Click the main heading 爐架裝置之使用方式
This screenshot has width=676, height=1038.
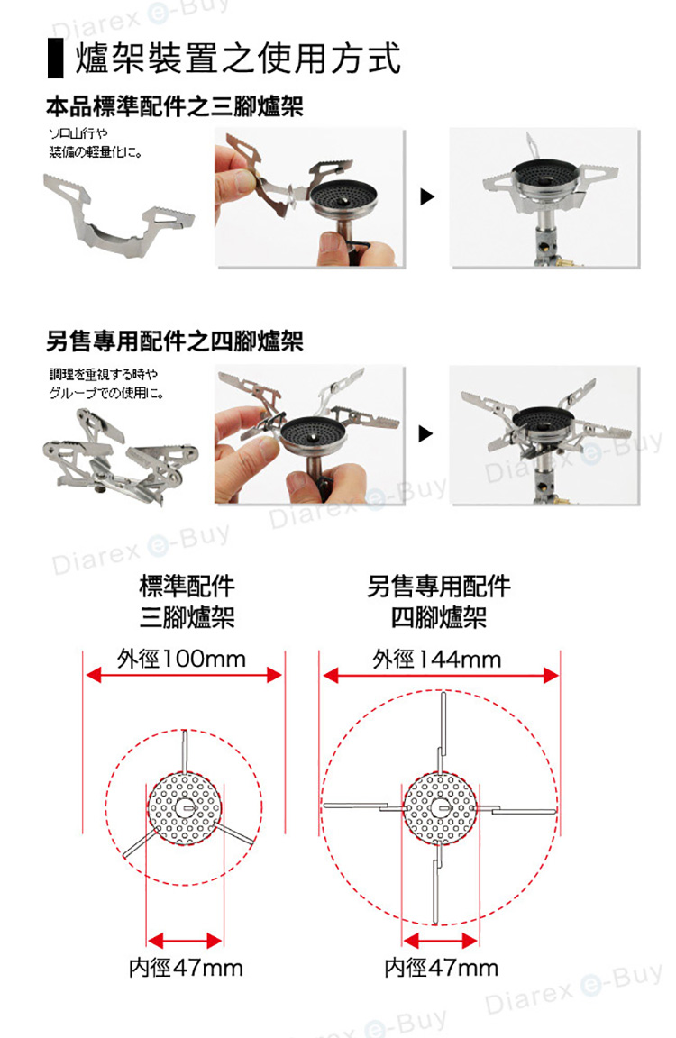[x=239, y=59]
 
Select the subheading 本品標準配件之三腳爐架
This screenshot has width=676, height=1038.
[x=175, y=107]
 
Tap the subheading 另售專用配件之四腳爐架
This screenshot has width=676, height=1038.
[x=175, y=341]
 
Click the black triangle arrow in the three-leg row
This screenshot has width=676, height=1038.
[x=428, y=196]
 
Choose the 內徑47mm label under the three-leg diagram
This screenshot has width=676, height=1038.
[x=185, y=968]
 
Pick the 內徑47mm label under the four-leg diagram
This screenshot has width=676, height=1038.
[x=441, y=968]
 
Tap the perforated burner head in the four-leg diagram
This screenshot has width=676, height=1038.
[x=440, y=807]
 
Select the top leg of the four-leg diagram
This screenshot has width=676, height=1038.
[x=443, y=725]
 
